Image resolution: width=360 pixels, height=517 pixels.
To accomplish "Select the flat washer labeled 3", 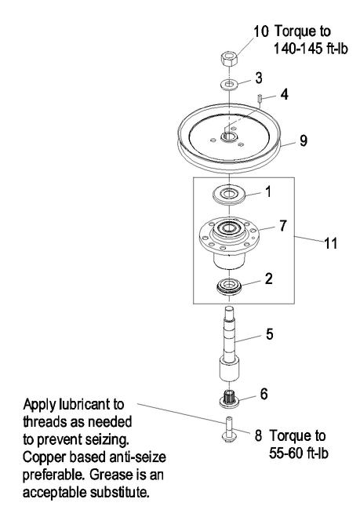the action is point(228,84).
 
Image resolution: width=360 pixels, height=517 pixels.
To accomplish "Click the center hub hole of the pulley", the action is point(228,137).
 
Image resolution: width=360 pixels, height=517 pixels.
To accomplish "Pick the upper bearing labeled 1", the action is point(229,195).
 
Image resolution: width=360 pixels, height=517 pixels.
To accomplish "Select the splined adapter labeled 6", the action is point(229,399).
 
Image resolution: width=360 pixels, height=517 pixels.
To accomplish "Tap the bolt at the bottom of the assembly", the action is point(229,429).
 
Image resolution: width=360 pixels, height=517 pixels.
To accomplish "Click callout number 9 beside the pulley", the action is point(304,140).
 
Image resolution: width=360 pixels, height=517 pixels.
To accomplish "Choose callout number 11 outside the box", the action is point(331,244).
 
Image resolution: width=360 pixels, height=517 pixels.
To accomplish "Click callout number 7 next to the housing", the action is point(283,225).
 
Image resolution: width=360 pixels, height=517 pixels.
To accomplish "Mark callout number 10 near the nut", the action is point(261,31).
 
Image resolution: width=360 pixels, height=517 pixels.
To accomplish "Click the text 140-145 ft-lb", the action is point(311,49).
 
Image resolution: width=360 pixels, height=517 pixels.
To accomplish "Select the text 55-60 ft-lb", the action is point(299,453).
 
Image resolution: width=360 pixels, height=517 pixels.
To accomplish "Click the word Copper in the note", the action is point(42,458).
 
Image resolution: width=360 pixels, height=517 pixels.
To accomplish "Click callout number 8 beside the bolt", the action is point(258,435).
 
